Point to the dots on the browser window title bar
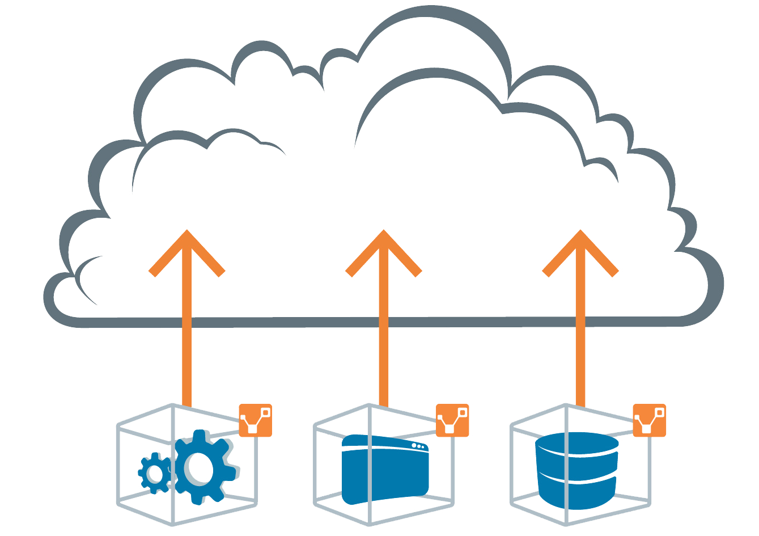pyautogui.click(x=418, y=446)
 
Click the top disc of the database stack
pyautogui.click(x=576, y=444)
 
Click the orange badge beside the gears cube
pyautogui.click(x=256, y=420)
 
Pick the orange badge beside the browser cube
pyautogui.click(x=452, y=421)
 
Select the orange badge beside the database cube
pyautogui.click(x=650, y=421)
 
